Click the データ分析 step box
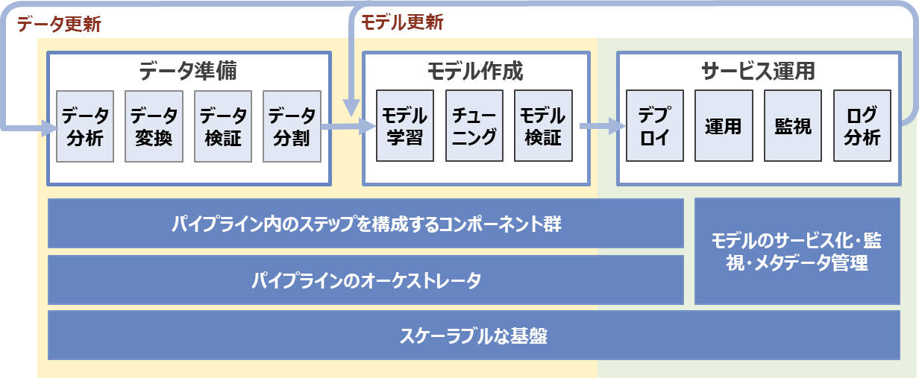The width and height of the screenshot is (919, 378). click(85, 126)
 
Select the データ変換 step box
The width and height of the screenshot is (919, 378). click(154, 126)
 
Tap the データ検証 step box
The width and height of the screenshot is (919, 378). click(223, 126)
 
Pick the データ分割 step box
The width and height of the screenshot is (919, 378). click(292, 126)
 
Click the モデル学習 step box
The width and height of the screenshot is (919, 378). click(405, 126)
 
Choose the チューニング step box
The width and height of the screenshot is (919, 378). click(474, 126)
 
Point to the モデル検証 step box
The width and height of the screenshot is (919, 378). click(543, 126)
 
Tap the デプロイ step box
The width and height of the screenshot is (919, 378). click(655, 126)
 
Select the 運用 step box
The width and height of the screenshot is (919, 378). click(724, 126)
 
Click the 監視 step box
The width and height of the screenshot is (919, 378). click(793, 126)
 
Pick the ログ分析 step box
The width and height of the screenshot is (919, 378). click(862, 126)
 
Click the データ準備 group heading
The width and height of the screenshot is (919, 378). click(188, 71)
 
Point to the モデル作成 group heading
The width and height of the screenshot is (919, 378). click(475, 71)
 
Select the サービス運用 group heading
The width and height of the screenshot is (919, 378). click(758, 71)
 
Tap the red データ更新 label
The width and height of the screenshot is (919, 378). click(59, 24)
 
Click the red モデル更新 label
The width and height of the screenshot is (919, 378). click(402, 22)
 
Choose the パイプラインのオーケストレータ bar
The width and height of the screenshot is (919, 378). click(366, 280)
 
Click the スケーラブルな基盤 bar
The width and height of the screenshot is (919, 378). click(474, 336)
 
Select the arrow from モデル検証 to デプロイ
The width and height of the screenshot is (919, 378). click(602, 126)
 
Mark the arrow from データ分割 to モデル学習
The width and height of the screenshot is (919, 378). click(348, 126)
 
